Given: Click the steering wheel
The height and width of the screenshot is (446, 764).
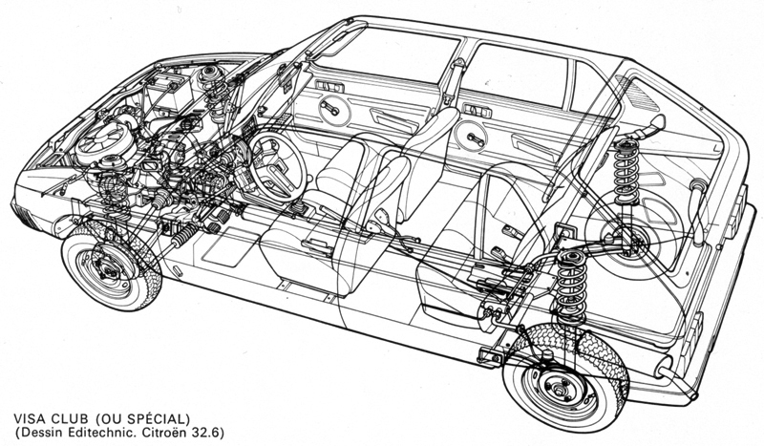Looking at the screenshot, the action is click(x=276, y=166).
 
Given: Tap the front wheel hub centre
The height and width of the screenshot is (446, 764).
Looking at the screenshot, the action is click(x=109, y=267).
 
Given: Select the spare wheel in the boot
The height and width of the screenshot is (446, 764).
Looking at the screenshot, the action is click(x=633, y=235).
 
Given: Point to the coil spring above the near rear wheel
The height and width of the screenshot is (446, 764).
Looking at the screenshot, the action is click(x=570, y=288).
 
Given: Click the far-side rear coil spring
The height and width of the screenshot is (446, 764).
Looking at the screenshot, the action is click(x=626, y=172).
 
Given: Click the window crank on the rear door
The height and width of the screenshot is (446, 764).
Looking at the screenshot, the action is click(x=474, y=138).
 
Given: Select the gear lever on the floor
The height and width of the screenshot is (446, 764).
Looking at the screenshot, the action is click(x=298, y=207).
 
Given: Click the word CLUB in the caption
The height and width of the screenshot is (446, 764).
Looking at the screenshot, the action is click(x=71, y=418).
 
